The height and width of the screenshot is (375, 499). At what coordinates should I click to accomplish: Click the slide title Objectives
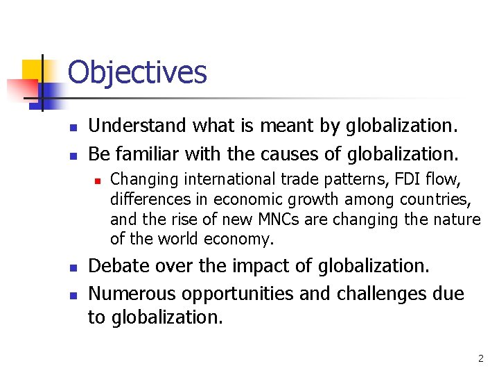(x=137, y=72)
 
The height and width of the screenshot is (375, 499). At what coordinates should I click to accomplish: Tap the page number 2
(x=480, y=359)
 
